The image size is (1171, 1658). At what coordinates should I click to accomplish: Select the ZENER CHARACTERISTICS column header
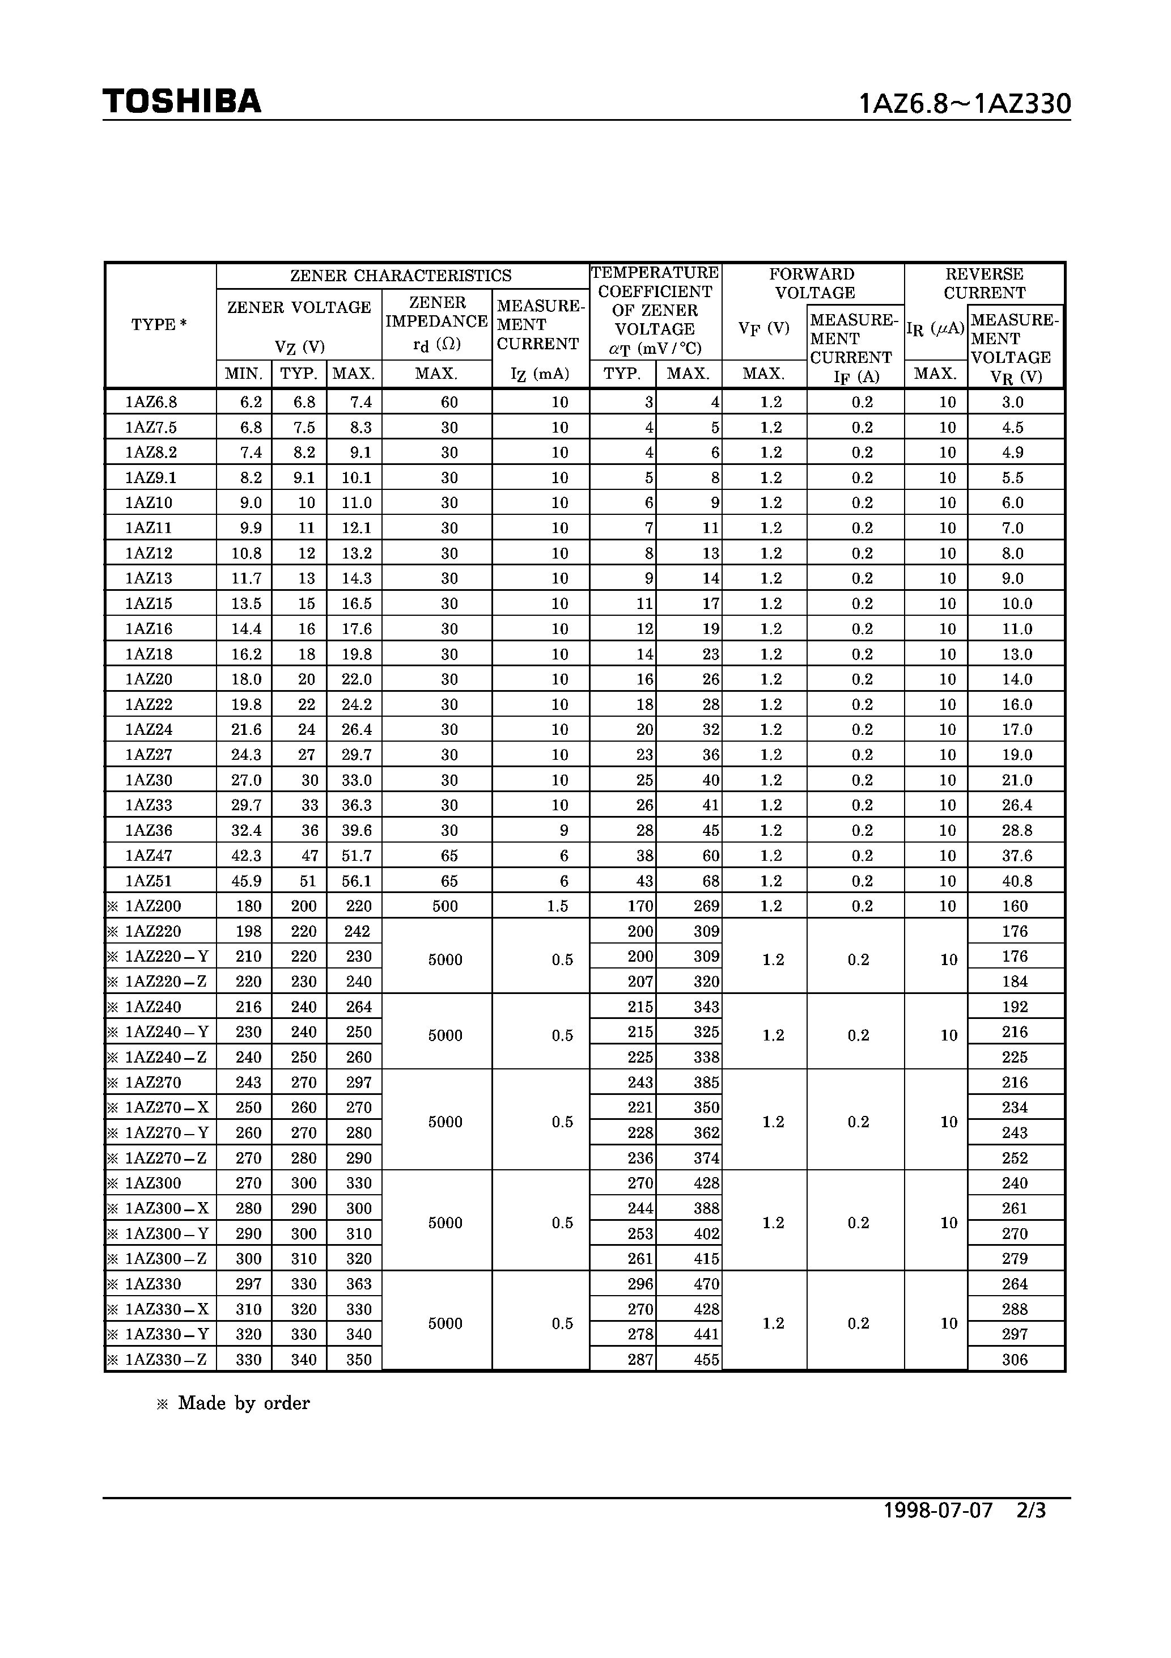[401, 276]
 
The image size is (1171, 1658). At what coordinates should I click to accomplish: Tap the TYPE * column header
[159, 325]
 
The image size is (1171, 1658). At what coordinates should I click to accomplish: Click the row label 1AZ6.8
[151, 402]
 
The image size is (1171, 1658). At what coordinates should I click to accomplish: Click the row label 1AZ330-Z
[166, 1360]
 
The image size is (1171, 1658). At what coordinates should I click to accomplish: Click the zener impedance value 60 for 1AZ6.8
[449, 402]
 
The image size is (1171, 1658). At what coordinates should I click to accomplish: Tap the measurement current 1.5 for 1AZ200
[557, 906]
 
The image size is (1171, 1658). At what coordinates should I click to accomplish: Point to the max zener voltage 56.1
[357, 881]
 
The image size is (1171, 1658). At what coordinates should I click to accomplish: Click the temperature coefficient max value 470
[706, 1284]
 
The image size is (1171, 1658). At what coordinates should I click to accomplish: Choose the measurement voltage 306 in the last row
[1015, 1360]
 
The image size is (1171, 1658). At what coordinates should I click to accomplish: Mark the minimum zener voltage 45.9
[246, 881]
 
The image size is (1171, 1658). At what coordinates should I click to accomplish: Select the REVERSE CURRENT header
[984, 284]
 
